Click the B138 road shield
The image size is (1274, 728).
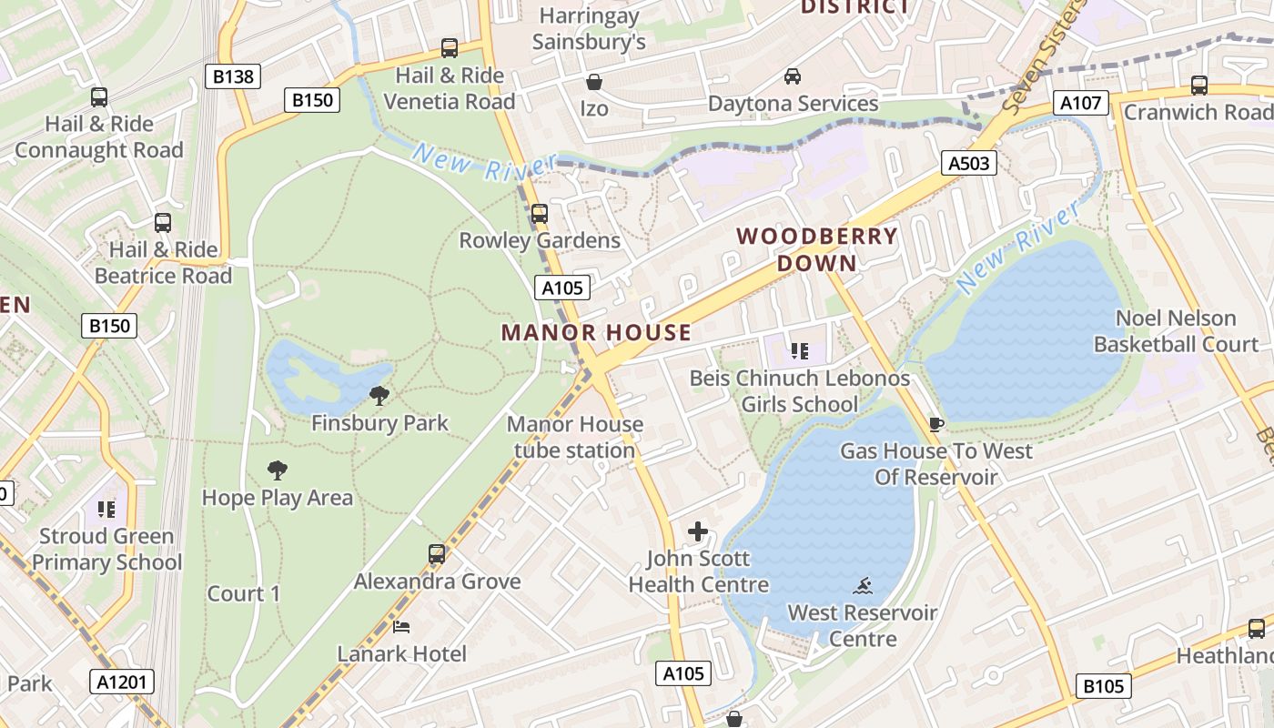233,76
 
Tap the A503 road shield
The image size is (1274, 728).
968,163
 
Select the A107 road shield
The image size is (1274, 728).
1081,103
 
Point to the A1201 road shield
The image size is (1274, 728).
122,682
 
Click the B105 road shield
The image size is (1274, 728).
1105,686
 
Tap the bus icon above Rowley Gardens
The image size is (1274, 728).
540,214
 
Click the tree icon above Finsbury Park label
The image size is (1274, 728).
379,396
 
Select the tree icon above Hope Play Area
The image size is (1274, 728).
278,470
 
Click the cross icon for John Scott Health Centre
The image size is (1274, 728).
698,531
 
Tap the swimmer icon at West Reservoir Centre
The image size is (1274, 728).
863,586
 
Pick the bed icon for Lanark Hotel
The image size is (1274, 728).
401,627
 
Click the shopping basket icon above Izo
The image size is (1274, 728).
594,83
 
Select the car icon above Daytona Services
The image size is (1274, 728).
793,76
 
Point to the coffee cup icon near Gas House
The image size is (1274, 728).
935,424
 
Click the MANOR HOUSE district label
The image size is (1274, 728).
596,332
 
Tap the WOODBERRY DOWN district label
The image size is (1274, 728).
817,249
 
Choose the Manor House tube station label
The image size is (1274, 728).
574,437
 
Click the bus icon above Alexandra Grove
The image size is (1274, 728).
437,554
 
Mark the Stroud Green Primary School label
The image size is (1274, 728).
107,550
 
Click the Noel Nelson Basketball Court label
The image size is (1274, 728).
1176,331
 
